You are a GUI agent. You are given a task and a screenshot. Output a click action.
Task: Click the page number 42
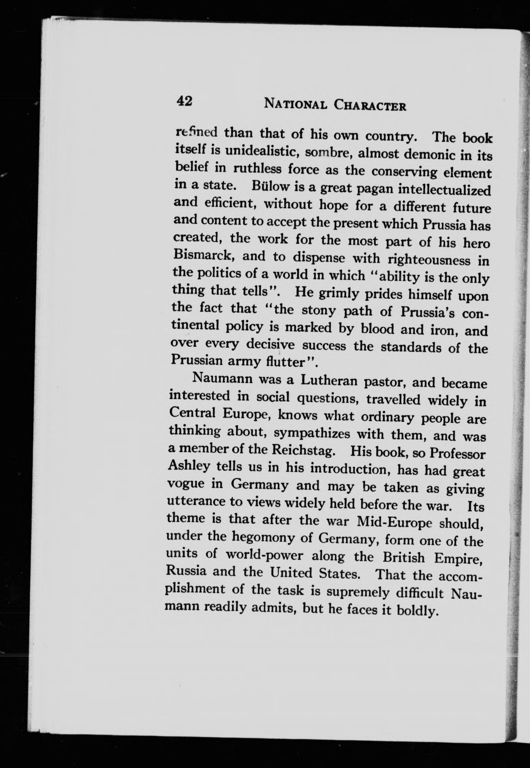184,100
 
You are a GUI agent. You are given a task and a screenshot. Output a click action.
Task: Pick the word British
403,557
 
